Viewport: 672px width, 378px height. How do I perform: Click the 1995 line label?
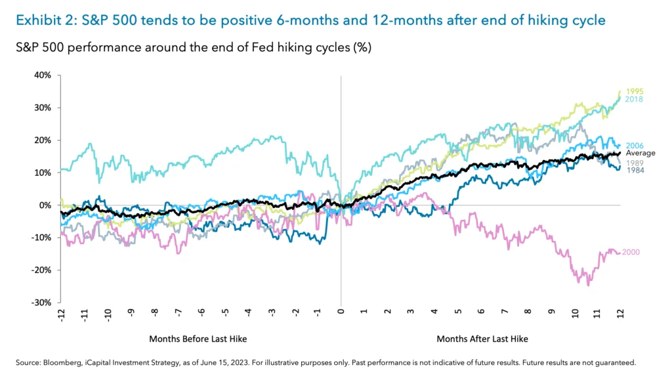point(635,92)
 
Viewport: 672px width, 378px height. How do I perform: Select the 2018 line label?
point(635,100)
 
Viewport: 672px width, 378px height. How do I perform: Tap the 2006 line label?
point(635,146)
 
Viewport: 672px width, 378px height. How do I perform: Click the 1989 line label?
point(635,163)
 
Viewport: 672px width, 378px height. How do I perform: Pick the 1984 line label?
point(635,170)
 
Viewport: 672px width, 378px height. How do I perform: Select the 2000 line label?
point(631,252)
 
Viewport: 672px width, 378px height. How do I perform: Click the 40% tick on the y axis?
point(42,75)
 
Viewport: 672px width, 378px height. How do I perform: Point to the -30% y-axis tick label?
point(41,303)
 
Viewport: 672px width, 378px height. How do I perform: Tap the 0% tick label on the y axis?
point(45,205)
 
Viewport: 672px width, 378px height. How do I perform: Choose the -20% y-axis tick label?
point(41,270)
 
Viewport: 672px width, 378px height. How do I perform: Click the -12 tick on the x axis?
point(61,316)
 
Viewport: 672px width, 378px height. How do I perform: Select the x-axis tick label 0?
point(341,315)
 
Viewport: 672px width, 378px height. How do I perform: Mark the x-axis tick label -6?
point(201,315)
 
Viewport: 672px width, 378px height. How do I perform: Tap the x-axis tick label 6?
point(482,315)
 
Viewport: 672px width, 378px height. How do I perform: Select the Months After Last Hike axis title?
point(482,339)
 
